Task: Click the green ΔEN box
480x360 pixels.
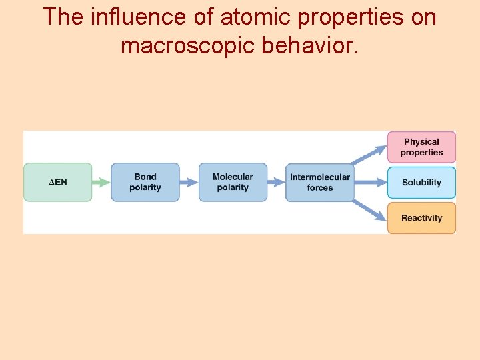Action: pos(57,182)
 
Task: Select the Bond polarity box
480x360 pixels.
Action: pos(145,182)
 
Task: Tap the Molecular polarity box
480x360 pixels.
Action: pos(233,182)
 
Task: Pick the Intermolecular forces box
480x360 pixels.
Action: pos(320,182)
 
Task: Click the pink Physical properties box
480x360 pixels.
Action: pos(421,147)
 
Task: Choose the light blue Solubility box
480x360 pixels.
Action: pos(421,183)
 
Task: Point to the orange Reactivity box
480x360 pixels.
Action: pos(421,218)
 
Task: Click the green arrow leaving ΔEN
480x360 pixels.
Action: pos(101,182)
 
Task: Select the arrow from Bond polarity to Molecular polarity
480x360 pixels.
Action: pos(189,182)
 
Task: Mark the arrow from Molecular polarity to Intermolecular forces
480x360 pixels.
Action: pos(277,182)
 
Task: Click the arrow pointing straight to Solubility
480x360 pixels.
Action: pos(371,182)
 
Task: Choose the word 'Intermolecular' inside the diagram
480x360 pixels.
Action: pos(320,177)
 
